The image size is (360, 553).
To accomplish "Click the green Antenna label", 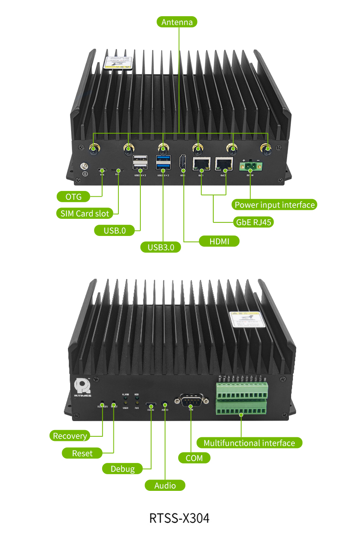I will tap(177, 22).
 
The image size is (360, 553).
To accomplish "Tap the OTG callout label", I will tap(73, 196).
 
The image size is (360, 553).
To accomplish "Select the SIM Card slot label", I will tap(85, 213).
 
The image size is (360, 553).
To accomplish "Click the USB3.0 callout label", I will tap(161, 247).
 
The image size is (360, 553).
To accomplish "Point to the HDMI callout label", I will tap(219, 241).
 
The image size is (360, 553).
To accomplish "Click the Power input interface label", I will tap(274, 205).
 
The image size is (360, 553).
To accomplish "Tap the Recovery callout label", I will tap(70, 435).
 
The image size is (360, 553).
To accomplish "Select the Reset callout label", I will tap(82, 453).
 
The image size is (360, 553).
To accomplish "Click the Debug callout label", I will tap(122, 469).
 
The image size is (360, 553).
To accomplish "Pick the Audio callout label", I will tap(165, 485).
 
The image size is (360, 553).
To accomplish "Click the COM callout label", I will tap(194, 458).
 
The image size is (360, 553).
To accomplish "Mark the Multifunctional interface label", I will tap(249, 443).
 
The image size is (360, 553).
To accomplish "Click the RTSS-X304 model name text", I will tap(180, 518).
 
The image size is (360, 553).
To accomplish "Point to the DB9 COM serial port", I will tap(191, 399).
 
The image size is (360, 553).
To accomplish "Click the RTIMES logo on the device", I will tap(82, 387).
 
